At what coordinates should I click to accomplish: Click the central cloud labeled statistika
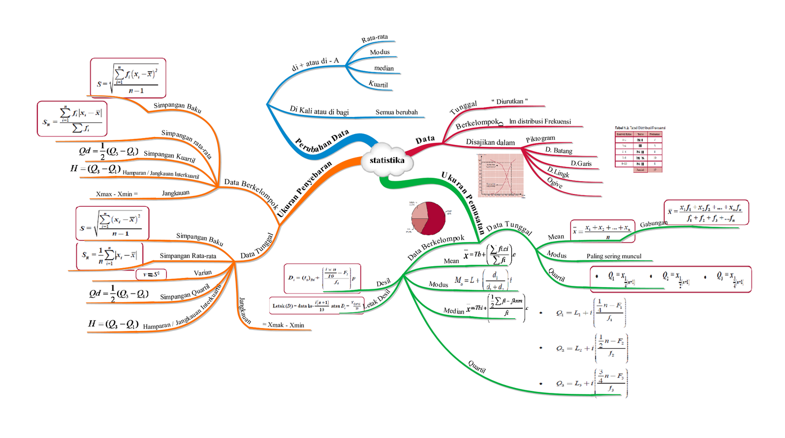point(388,160)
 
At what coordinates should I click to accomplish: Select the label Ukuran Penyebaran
point(304,189)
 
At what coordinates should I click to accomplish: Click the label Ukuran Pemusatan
point(463,202)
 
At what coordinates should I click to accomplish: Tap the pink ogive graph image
point(501,175)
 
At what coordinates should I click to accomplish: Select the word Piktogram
point(540,139)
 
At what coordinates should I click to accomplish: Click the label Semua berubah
point(396,112)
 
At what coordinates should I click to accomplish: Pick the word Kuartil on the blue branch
point(378,84)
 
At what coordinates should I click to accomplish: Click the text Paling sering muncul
point(614,256)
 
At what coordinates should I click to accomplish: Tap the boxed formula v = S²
point(151,274)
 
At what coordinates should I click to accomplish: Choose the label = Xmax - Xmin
point(283,325)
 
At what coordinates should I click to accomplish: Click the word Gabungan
point(654,223)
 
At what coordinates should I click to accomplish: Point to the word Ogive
point(555,183)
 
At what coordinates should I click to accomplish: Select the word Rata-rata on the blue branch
point(374,38)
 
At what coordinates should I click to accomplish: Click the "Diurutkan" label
point(509,102)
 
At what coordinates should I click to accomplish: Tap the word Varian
point(203,273)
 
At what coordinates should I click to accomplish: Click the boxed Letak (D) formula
point(316,305)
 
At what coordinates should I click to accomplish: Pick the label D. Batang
point(559,150)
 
